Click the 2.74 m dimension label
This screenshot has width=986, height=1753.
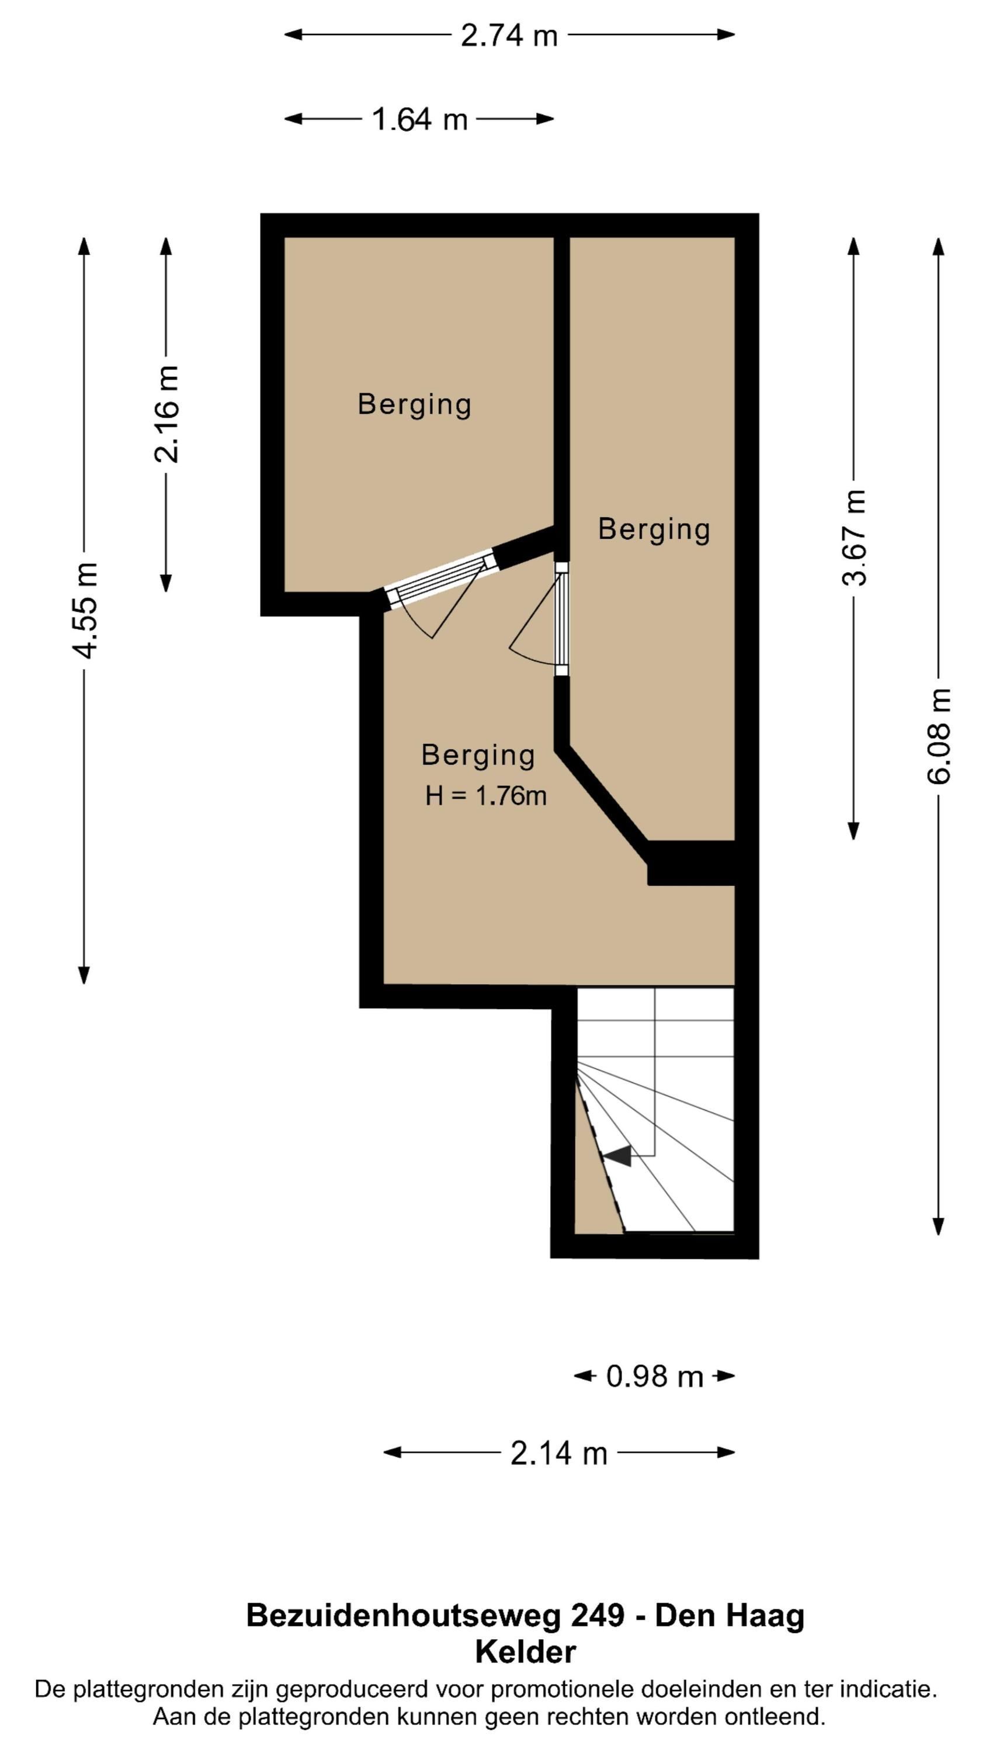pos(509,36)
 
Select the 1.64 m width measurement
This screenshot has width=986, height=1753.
pos(420,120)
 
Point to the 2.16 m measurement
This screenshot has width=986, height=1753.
pos(166,414)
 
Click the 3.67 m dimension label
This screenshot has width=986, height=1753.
pos(855,538)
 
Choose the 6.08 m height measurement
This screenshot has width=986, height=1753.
pos(939,736)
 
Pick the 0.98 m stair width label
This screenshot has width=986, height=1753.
pos(655,1376)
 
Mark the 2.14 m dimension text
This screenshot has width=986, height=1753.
pos(558,1453)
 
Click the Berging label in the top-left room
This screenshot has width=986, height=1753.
pos(414,405)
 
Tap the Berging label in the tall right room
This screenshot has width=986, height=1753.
pos(655,529)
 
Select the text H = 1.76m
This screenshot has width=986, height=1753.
pos(486,795)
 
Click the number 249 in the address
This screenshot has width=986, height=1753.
pos(597,1616)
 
